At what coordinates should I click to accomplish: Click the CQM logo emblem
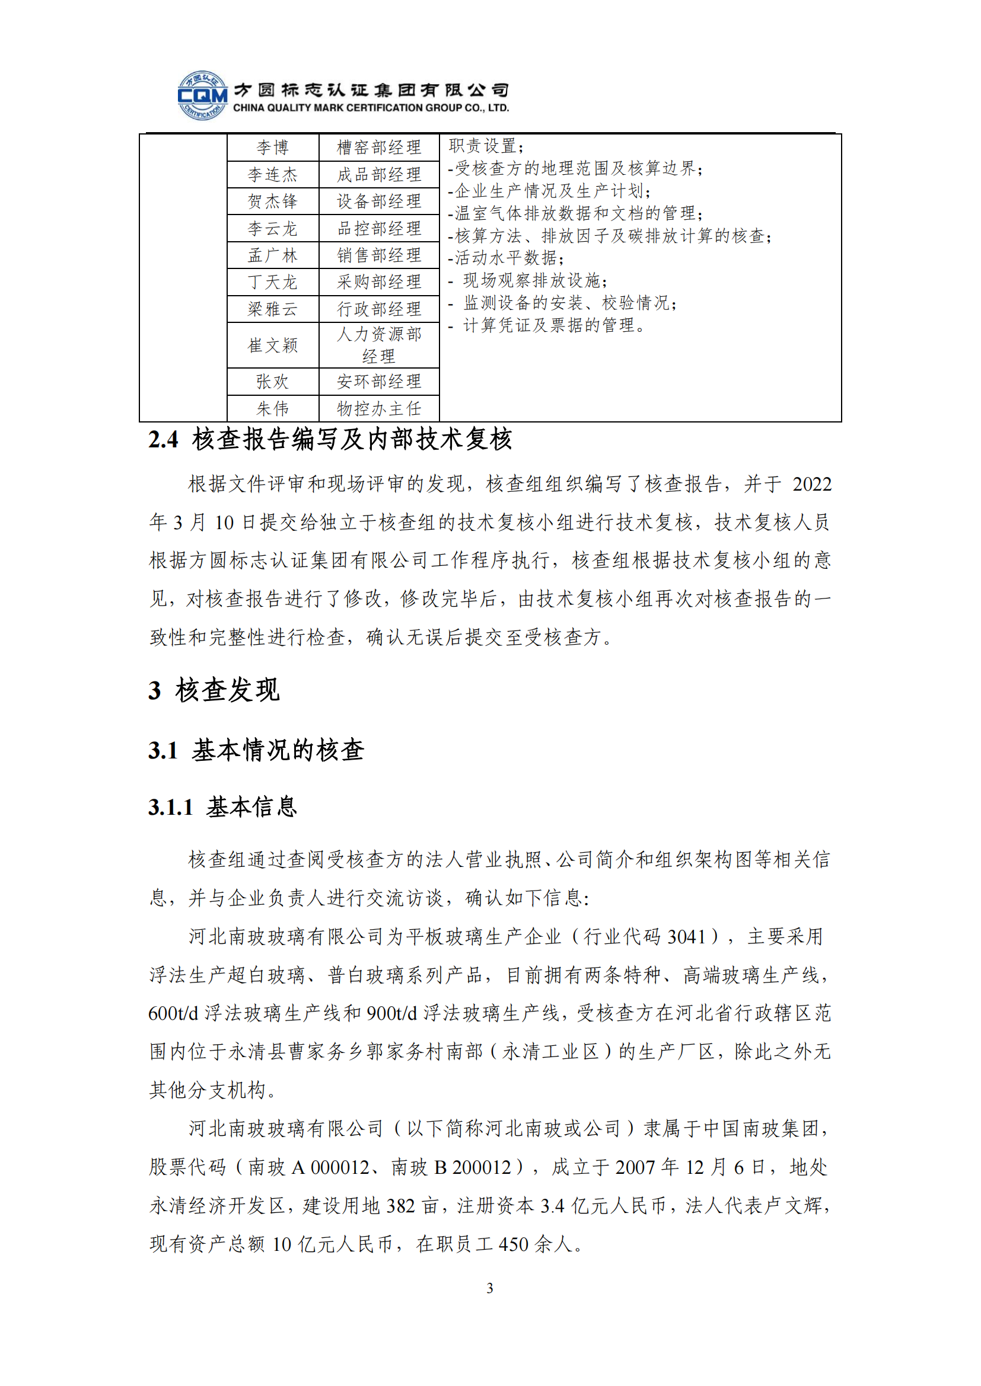click(202, 95)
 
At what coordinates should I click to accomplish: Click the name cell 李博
click(272, 148)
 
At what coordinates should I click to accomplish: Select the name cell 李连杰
click(272, 174)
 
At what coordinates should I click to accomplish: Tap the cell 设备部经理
click(379, 201)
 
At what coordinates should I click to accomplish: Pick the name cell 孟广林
click(272, 255)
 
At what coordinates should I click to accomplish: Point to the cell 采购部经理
click(379, 282)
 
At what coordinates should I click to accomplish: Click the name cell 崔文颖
click(272, 345)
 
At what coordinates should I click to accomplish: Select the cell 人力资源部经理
click(379, 345)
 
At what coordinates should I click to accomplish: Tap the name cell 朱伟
click(272, 409)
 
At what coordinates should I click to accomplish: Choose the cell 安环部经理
click(379, 382)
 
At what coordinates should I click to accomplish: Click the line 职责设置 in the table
click(486, 146)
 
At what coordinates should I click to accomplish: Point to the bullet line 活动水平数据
click(508, 258)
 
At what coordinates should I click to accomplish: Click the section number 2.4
click(163, 440)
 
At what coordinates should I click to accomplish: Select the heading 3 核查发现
click(214, 690)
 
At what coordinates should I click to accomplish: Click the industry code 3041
click(687, 936)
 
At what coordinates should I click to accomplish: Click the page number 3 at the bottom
click(490, 1288)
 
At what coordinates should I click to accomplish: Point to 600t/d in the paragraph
click(173, 1013)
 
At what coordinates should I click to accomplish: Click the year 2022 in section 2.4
click(812, 484)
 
